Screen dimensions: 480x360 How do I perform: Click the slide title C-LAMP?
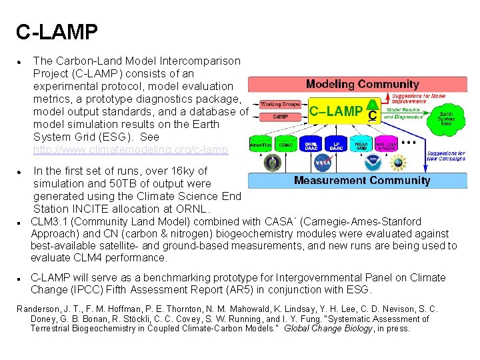point(57,31)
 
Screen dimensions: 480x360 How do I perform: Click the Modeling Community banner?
point(362,84)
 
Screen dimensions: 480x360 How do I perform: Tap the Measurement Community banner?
point(362,180)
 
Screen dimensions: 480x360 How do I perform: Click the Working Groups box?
point(279,104)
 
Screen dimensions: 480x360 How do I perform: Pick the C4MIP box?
point(280,117)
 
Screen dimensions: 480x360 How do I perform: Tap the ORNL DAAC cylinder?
point(311,144)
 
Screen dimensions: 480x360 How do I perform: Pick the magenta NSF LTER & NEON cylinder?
point(387,144)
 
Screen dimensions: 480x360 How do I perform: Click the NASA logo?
point(323,162)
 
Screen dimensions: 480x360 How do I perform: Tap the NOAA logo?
point(372,162)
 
